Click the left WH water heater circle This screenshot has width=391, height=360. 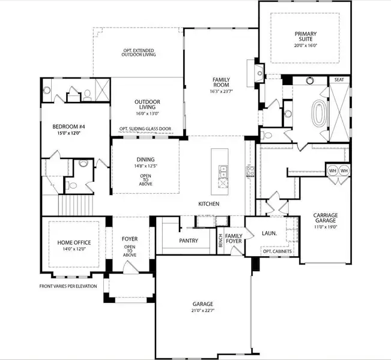[x=333, y=171]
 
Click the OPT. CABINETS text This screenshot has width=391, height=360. [x=278, y=251]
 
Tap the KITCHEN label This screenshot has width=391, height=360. [x=209, y=204]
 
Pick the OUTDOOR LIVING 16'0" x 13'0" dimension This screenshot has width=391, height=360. [x=147, y=113]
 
